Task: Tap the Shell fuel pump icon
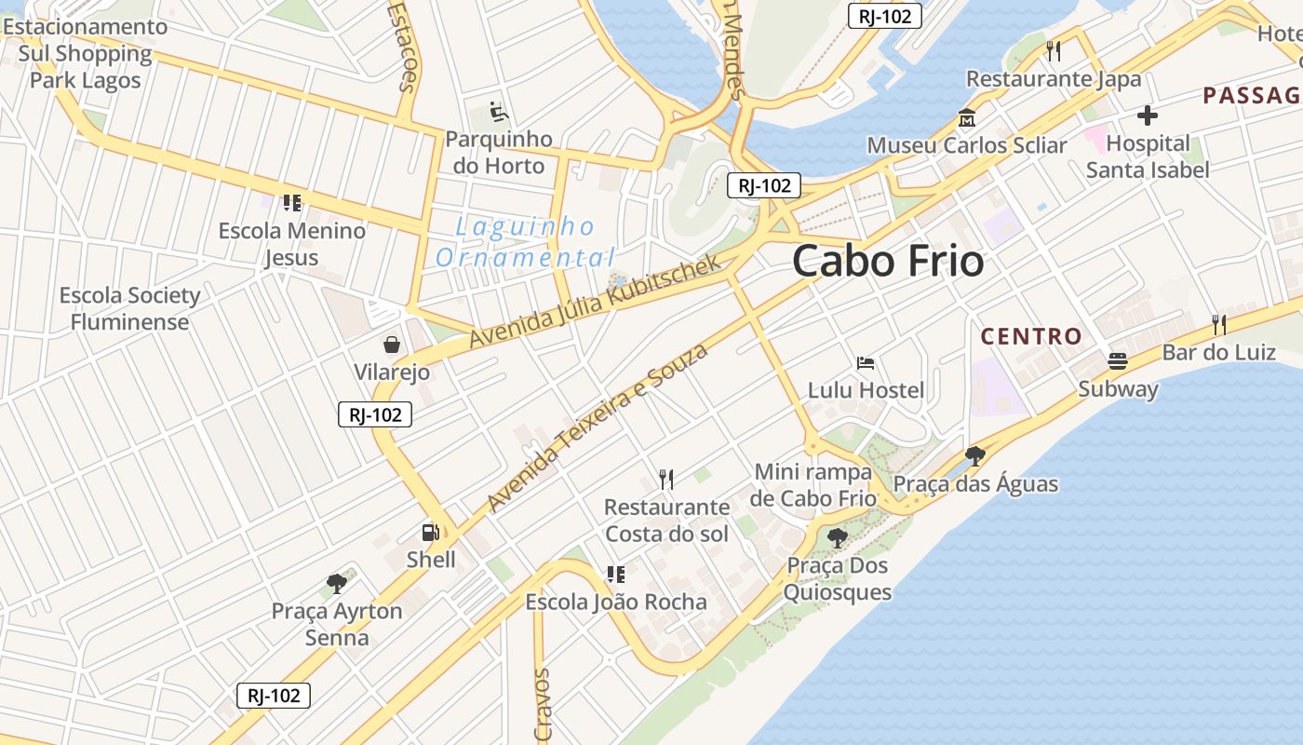tap(430, 533)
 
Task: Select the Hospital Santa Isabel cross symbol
tap(1147, 115)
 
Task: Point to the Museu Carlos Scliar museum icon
tap(966, 119)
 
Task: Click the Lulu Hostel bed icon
tap(866, 362)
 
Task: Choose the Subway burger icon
tap(1118, 361)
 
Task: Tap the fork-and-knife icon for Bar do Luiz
tap(1218, 325)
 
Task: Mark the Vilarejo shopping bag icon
tap(392, 345)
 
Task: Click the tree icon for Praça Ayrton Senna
tap(337, 584)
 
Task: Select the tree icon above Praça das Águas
tap(974, 456)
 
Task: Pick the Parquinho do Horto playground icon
tap(499, 113)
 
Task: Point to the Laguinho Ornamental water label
tap(526, 241)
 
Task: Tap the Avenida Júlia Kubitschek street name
tap(595, 302)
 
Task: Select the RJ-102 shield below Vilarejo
tap(374, 415)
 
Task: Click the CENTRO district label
tap(1031, 336)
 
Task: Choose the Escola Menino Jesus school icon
tap(292, 203)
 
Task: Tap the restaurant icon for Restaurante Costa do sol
tap(665, 480)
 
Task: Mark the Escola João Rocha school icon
tap(615, 575)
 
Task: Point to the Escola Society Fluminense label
tap(130, 308)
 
